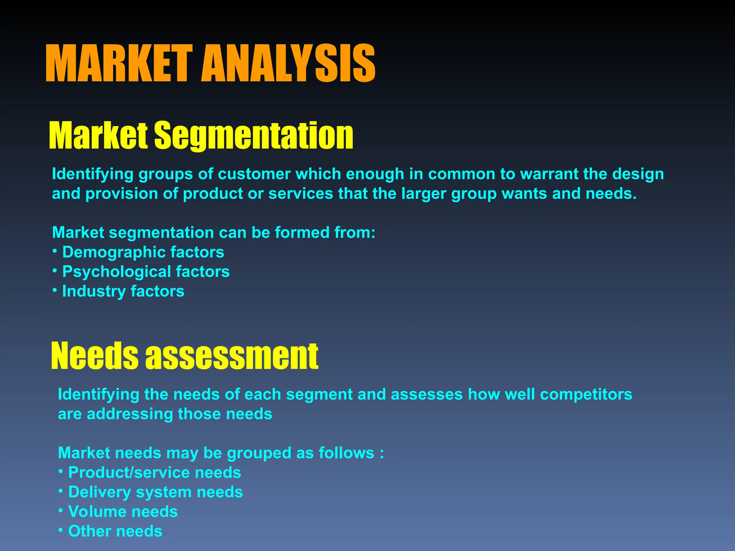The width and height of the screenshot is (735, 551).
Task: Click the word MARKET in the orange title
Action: (119, 64)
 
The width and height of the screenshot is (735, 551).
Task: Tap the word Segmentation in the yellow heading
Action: (254, 135)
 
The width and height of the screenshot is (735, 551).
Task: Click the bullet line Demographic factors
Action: (143, 252)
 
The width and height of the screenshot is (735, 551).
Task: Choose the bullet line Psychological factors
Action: (146, 272)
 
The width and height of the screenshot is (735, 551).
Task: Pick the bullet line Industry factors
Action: (123, 291)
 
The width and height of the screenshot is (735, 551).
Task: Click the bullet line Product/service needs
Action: (154, 472)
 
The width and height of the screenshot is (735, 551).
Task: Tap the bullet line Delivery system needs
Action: (155, 492)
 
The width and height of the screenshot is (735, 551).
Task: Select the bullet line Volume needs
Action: (123, 512)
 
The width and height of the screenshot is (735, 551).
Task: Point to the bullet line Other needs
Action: (115, 531)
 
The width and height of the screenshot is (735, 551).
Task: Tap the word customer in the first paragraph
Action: (254, 174)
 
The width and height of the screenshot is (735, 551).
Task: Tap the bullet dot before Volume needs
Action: (61, 509)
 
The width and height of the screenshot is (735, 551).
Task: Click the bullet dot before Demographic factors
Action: (55, 250)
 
